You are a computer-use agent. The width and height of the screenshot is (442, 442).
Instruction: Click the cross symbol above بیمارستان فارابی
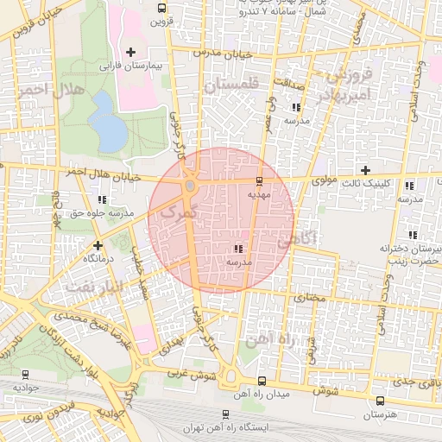pos(130,53)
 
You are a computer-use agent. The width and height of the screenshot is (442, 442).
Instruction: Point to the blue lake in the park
pos(106,121)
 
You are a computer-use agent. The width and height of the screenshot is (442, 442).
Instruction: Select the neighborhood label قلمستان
pos(230,85)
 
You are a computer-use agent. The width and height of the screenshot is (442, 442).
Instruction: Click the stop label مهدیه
pos(260,194)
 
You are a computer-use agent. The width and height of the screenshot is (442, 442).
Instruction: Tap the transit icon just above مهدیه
pos(260,181)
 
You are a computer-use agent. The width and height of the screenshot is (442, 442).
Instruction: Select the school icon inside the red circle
pos(237,249)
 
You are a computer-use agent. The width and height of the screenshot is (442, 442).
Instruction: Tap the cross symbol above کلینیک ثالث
pos(365,170)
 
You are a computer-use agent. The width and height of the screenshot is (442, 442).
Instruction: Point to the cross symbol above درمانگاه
pos(98,245)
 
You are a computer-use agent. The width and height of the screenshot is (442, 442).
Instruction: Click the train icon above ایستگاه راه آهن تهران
pos(226,414)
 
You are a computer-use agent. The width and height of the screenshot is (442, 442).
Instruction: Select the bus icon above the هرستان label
pos(380,401)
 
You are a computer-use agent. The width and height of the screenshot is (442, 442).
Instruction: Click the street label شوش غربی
pos(191,376)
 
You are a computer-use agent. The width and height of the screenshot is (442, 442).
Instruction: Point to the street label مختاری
pos(309,297)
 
